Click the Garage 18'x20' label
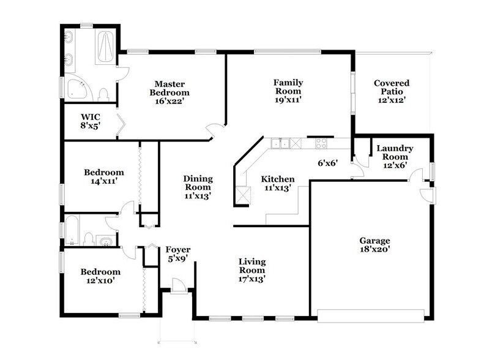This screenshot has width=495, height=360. click(374, 245)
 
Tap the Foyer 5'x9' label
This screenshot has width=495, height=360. click(178, 254)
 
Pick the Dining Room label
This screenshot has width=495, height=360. click(198, 187)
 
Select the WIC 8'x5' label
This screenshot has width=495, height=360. click(91, 120)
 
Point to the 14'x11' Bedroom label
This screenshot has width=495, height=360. click(103, 177)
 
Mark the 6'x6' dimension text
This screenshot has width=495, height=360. click(327, 163)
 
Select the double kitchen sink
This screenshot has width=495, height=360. click(281, 144)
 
